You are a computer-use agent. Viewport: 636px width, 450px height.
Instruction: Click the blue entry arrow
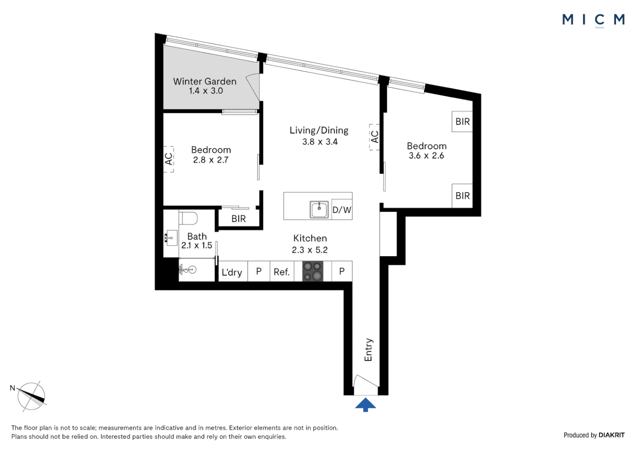[365, 405]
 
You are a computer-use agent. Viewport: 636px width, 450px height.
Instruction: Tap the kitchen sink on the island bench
[319, 210]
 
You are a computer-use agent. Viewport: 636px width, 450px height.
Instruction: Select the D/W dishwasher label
[342, 210]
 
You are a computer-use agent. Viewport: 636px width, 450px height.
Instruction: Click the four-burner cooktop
[313, 271]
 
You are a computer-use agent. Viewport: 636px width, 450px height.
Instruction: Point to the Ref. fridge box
[282, 272]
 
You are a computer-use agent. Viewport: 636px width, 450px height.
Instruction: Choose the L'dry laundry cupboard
[232, 272]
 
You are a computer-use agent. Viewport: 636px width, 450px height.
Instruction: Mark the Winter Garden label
[205, 81]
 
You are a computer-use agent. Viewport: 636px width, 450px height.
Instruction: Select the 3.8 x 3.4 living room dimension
[320, 142]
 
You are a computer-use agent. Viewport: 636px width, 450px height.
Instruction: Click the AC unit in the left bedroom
[169, 159]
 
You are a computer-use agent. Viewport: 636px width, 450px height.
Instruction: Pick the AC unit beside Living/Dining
[374, 137]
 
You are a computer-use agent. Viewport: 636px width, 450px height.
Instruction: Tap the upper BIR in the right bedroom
[462, 122]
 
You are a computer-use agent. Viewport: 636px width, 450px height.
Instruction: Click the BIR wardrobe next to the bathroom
[238, 219]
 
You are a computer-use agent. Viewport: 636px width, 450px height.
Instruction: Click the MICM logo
[593, 20]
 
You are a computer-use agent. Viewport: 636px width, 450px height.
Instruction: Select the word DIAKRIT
[611, 435]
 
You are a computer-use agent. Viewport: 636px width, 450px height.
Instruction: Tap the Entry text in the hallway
[368, 350]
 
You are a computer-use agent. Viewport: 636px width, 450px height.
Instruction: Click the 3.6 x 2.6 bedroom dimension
[426, 156]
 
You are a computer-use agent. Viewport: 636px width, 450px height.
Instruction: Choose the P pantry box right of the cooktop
[342, 271]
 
